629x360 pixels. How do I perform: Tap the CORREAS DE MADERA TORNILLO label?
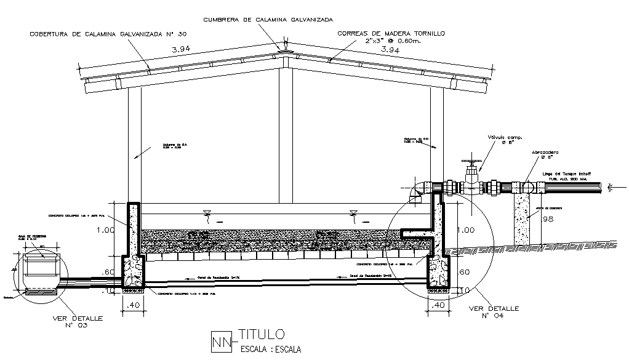pos(390,33)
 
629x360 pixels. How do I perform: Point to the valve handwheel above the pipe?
pos(471,163)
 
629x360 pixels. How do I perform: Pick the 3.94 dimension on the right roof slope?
pos(391,49)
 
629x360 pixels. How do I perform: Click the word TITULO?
pos(261,335)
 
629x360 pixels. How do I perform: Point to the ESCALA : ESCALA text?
pos(267,350)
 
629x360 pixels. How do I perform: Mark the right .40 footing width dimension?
pos(438,305)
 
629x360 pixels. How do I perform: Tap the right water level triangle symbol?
pos(353,214)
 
